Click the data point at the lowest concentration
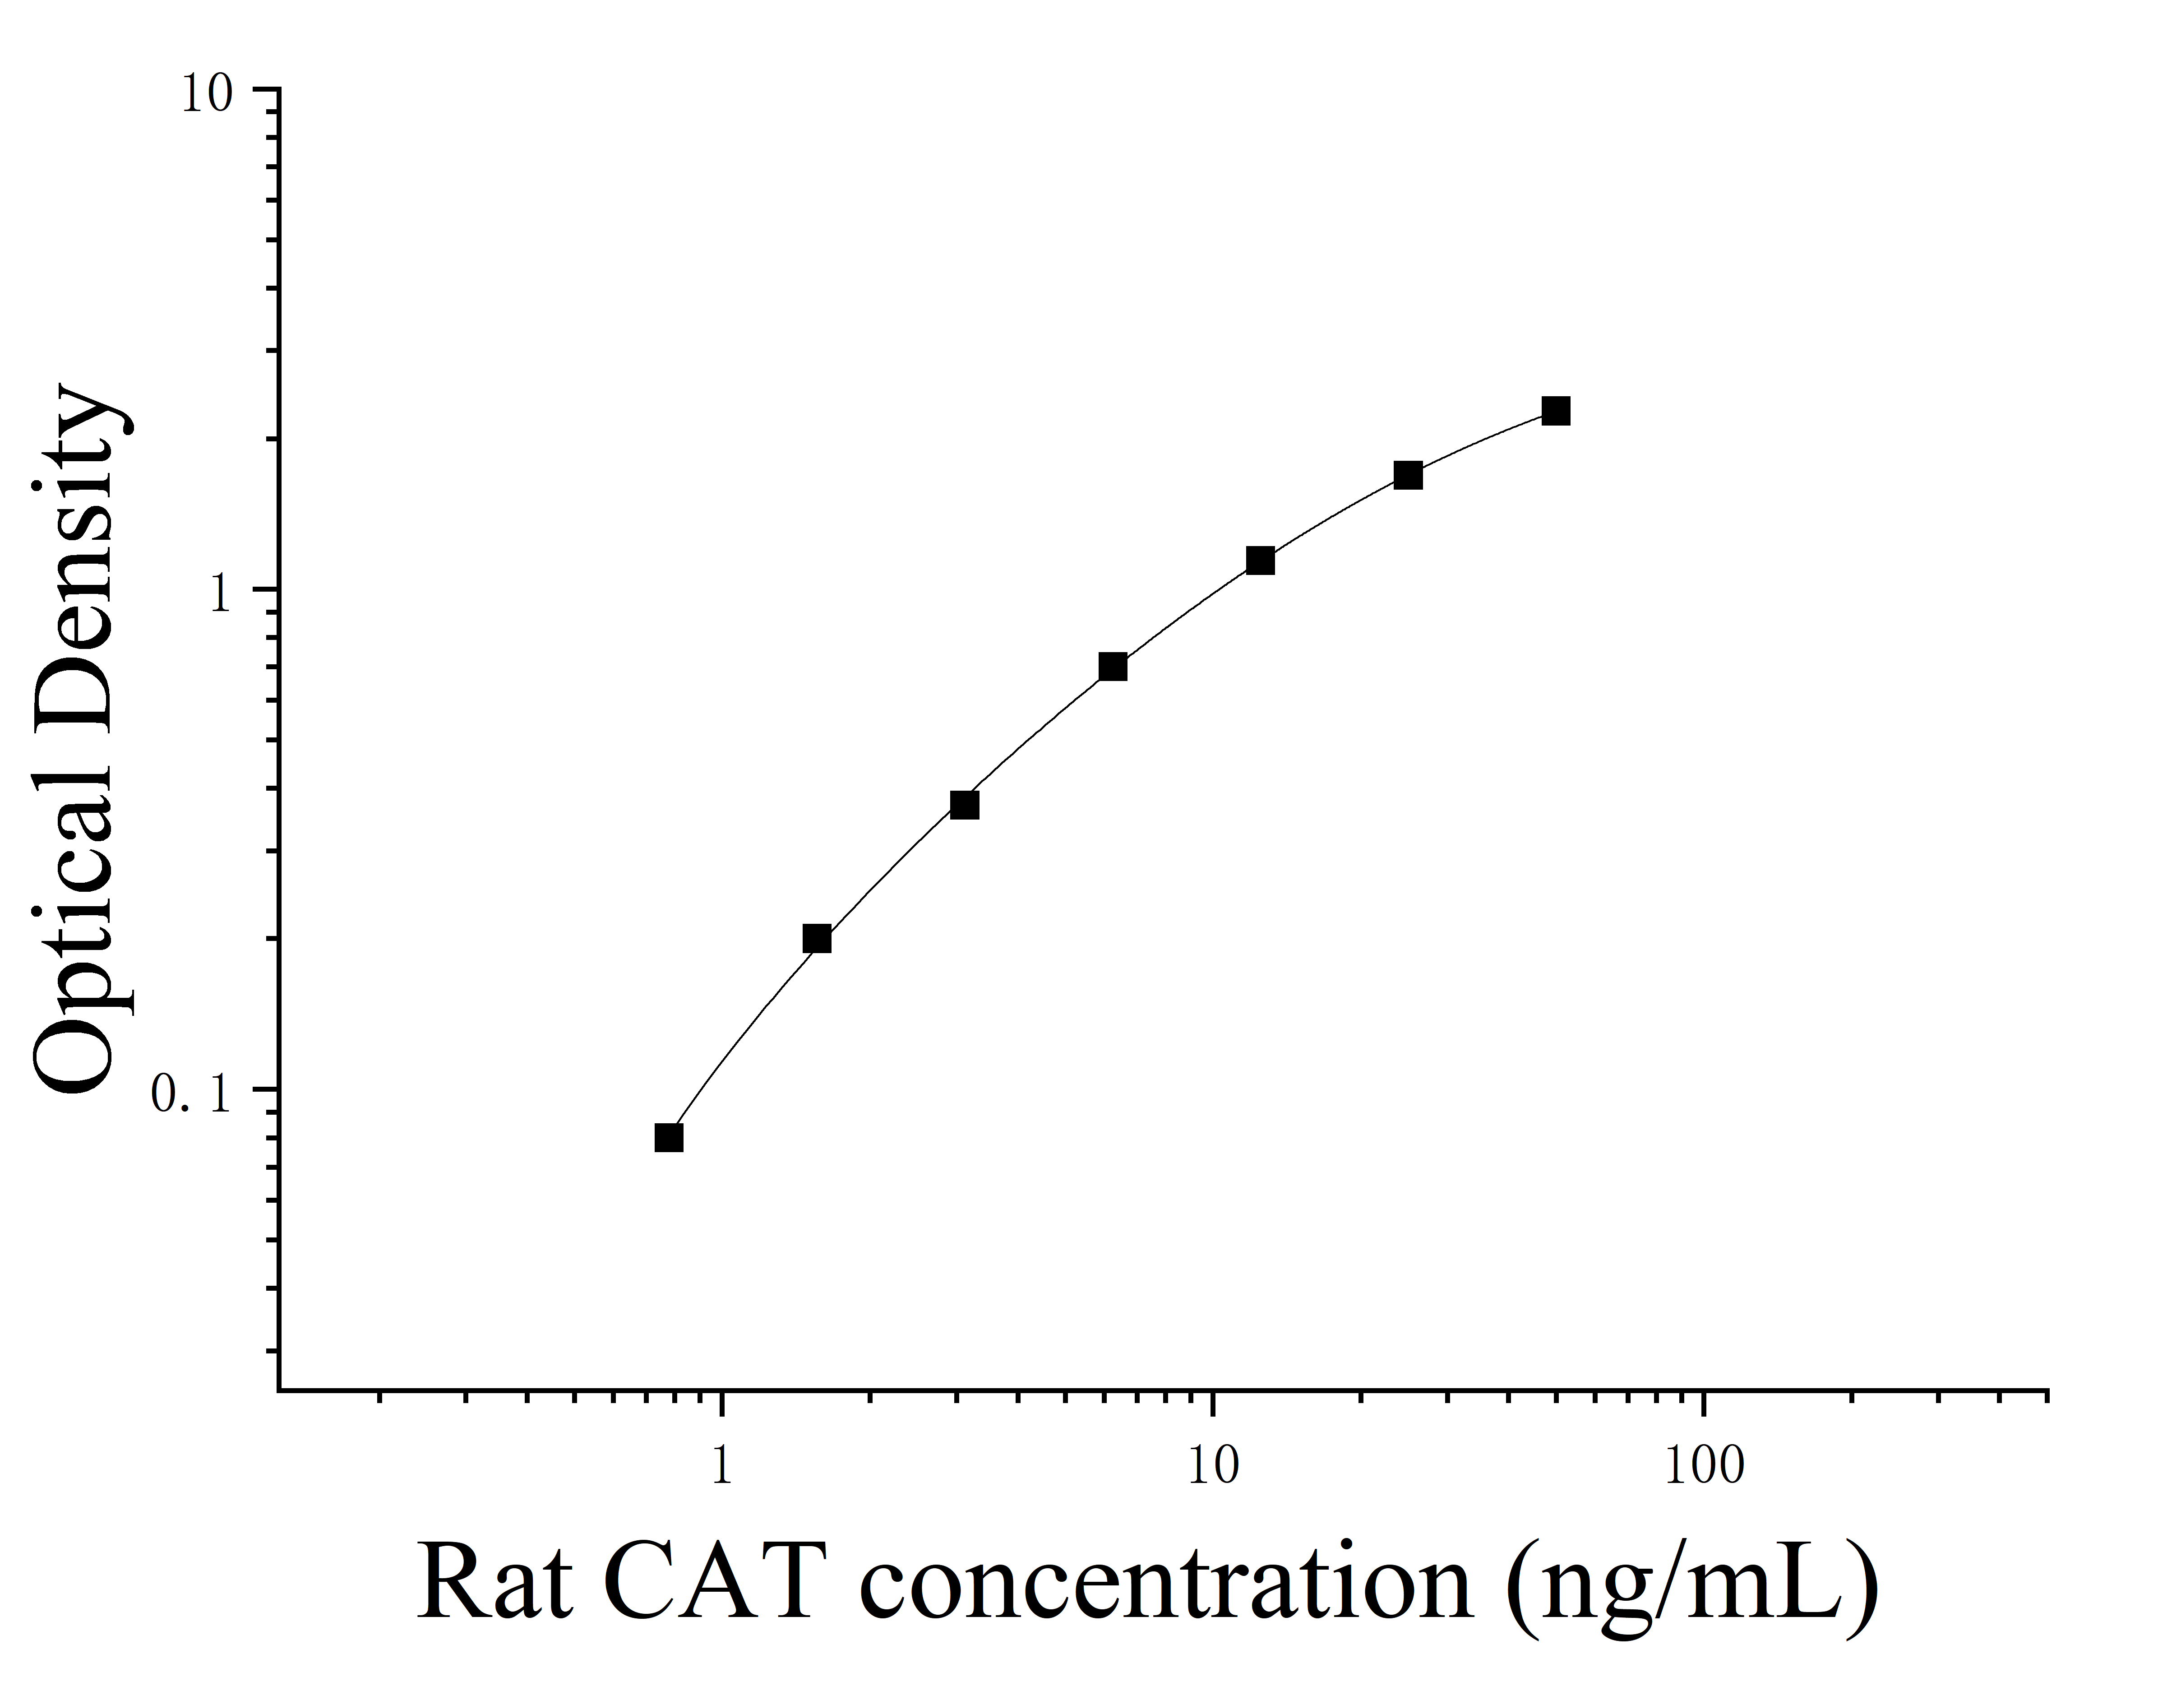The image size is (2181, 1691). (669, 1138)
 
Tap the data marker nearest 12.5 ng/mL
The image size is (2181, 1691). (1260, 561)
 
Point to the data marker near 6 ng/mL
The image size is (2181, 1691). (1113, 666)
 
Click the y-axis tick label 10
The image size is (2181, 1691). (207, 97)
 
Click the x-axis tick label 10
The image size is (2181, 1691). (1212, 1466)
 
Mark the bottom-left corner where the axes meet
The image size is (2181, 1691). (279, 1388)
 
